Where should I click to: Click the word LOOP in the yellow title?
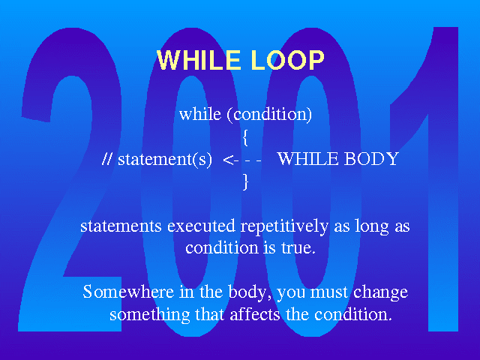click(287, 60)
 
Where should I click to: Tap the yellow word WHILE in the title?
click(199, 60)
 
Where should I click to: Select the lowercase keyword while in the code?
click(200, 114)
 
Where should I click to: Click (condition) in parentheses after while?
click(269, 115)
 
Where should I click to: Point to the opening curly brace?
click(245, 137)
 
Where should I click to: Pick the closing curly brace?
click(245, 181)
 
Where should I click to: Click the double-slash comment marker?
click(106, 159)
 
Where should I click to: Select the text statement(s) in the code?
click(165, 160)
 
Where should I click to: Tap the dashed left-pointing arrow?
click(242, 160)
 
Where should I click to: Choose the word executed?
click(201, 226)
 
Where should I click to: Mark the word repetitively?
click(284, 227)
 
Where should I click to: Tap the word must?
click(329, 292)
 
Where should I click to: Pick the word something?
click(150, 315)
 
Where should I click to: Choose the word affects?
click(255, 314)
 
